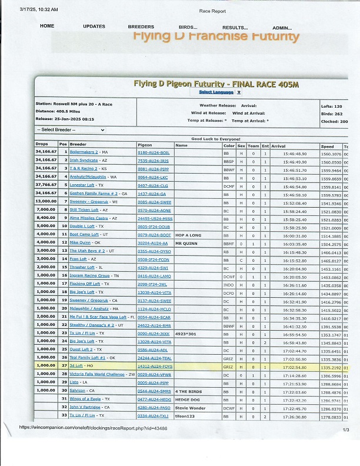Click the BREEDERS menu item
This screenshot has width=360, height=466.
pyautogui.click(x=141, y=26)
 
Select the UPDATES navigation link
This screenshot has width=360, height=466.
pyautogui.click(x=94, y=26)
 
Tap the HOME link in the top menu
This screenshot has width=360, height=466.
pyautogui.click(x=47, y=26)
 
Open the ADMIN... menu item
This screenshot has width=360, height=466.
pyautogui.click(x=282, y=27)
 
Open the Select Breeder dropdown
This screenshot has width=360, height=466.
pyautogui.click(x=71, y=129)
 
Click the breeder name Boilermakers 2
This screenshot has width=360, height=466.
pyautogui.click(x=84, y=152)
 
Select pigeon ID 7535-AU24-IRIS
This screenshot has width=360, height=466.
pyautogui.click(x=153, y=161)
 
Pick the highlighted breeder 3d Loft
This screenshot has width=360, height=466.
pyautogui.click(x=76, y=365)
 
